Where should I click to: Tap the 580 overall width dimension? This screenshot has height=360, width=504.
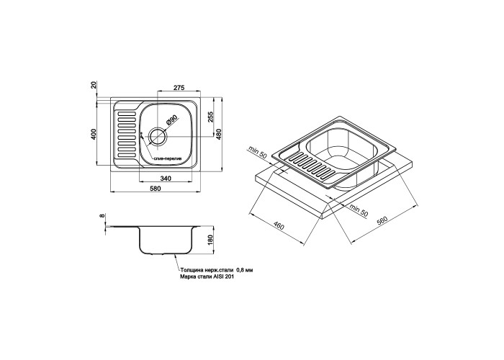coord(155,189)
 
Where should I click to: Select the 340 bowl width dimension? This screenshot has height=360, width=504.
coord(165,179)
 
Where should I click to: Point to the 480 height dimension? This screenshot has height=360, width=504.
coord(219,135)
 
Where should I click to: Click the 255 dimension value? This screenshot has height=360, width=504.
coord(210,117)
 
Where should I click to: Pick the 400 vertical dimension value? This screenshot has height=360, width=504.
coord(94,134)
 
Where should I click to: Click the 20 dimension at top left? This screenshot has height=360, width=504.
coord(94,85)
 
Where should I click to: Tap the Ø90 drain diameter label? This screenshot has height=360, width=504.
coord(171,121)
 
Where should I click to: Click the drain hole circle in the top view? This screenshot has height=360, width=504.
coord(158,128)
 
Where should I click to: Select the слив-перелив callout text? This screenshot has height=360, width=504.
coord(168,159)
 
